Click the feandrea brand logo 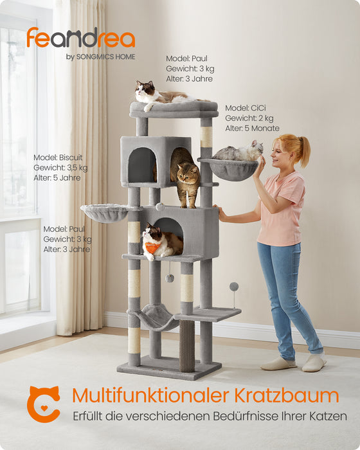[80, 38]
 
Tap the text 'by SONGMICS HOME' [100, 57]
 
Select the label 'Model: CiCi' [246, 108]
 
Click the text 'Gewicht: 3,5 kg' [60, 168]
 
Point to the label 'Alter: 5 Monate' [252, 129]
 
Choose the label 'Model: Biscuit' [58, 157]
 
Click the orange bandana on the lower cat [152, 247]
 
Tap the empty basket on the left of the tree [104, 212]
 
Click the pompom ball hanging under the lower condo [170, 278]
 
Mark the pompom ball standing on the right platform [234, 286]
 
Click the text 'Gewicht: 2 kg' [249, 118]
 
